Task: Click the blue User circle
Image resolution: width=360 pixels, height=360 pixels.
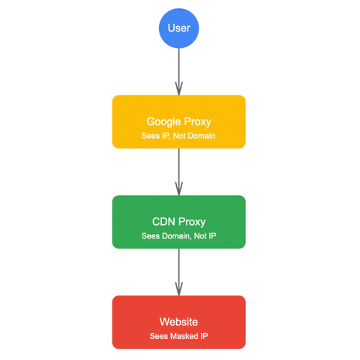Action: (178, 28)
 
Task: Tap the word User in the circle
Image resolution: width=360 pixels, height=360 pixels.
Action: (179, 28)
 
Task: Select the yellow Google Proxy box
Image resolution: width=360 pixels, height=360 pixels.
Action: (178, 121)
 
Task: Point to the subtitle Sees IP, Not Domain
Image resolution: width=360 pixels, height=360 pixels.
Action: (178, 136)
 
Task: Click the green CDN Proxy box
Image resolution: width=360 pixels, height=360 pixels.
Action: (178, 222)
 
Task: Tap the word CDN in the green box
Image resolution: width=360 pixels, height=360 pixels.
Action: (163, 222)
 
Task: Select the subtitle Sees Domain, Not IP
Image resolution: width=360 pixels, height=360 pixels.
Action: (178, 235)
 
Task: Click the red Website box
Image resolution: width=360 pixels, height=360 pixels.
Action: (178, 322)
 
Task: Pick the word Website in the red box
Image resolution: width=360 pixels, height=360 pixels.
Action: (178, 322)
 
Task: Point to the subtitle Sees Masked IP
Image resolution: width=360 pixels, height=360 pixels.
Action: (178, 336)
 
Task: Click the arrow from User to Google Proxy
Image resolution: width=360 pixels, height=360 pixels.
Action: (178, 72)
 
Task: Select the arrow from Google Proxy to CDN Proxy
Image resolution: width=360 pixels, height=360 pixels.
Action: (178, 172)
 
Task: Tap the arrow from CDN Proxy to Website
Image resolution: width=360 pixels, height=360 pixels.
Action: (178, 272)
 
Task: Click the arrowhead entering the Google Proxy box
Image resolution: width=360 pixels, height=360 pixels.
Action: (178, 88)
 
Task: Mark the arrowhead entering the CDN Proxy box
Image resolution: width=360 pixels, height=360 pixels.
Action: (178, 189)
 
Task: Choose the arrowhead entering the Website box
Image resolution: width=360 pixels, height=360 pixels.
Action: (178, 289)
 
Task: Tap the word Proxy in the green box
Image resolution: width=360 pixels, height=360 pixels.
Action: (192, 222)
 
